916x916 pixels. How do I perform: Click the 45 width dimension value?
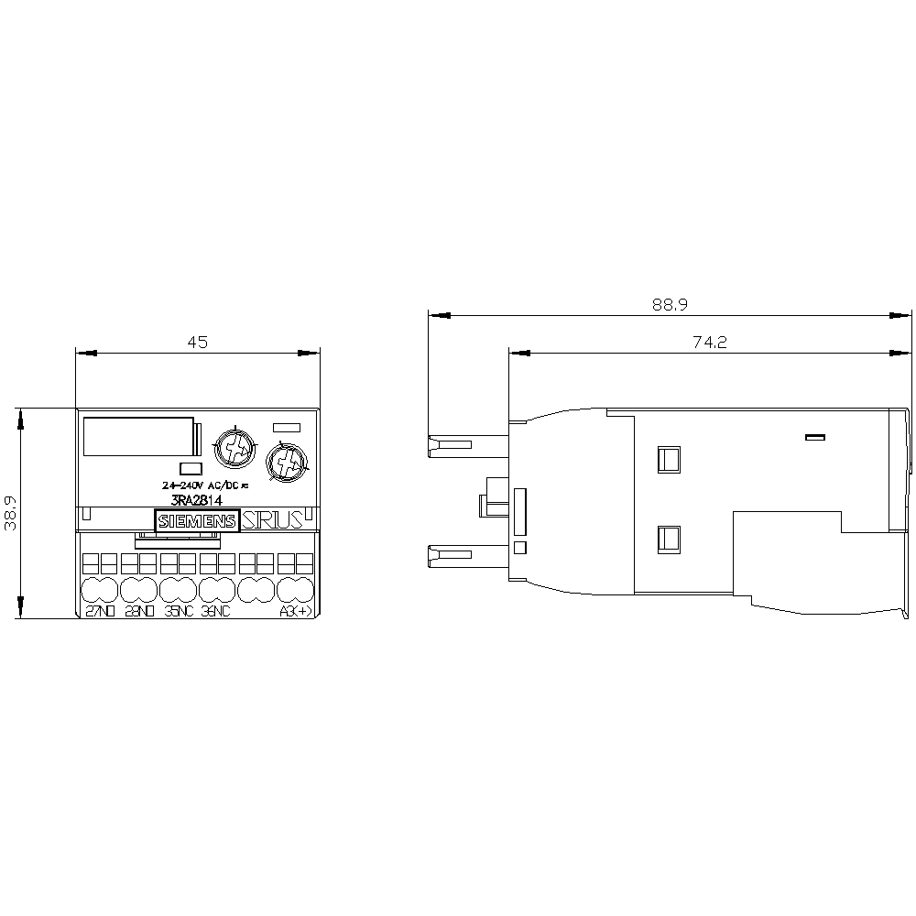(x=198, y=343)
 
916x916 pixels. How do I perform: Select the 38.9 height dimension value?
(x=11, y=514)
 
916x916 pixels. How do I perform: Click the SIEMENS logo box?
(x=198, y=521)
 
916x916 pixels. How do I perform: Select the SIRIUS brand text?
(x=271, y=521)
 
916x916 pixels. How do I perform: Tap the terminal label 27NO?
(x=100, y=612)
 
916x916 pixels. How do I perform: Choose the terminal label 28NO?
(x=139, y=612)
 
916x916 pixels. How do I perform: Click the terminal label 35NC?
(x=179, y=612)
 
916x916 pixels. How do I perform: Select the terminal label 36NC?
(x=217, y=612)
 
